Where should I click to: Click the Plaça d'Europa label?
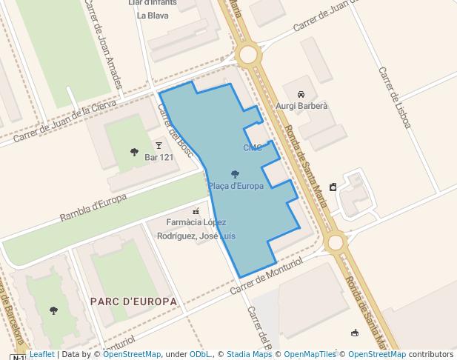point(236,186)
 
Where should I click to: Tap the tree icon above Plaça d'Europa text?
point(235,174)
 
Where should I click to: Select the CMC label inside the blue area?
point(253,147)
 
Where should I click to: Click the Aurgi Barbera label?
point(301,106)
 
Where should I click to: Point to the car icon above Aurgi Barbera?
point(301,94)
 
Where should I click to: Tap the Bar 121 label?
point(159,157)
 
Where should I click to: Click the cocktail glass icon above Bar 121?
point(158,145)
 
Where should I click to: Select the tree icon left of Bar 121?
point(134,152)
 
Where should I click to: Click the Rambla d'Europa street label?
point(93,208)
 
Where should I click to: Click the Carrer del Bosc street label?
point(175,130)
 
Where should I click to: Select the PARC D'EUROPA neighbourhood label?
point(133,301)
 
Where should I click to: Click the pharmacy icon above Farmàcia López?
point(196,211)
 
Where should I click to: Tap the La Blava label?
point(153,15)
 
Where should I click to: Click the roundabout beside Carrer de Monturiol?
point(336,241)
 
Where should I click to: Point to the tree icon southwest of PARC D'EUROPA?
point(53,310)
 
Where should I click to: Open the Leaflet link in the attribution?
point(41,354)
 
